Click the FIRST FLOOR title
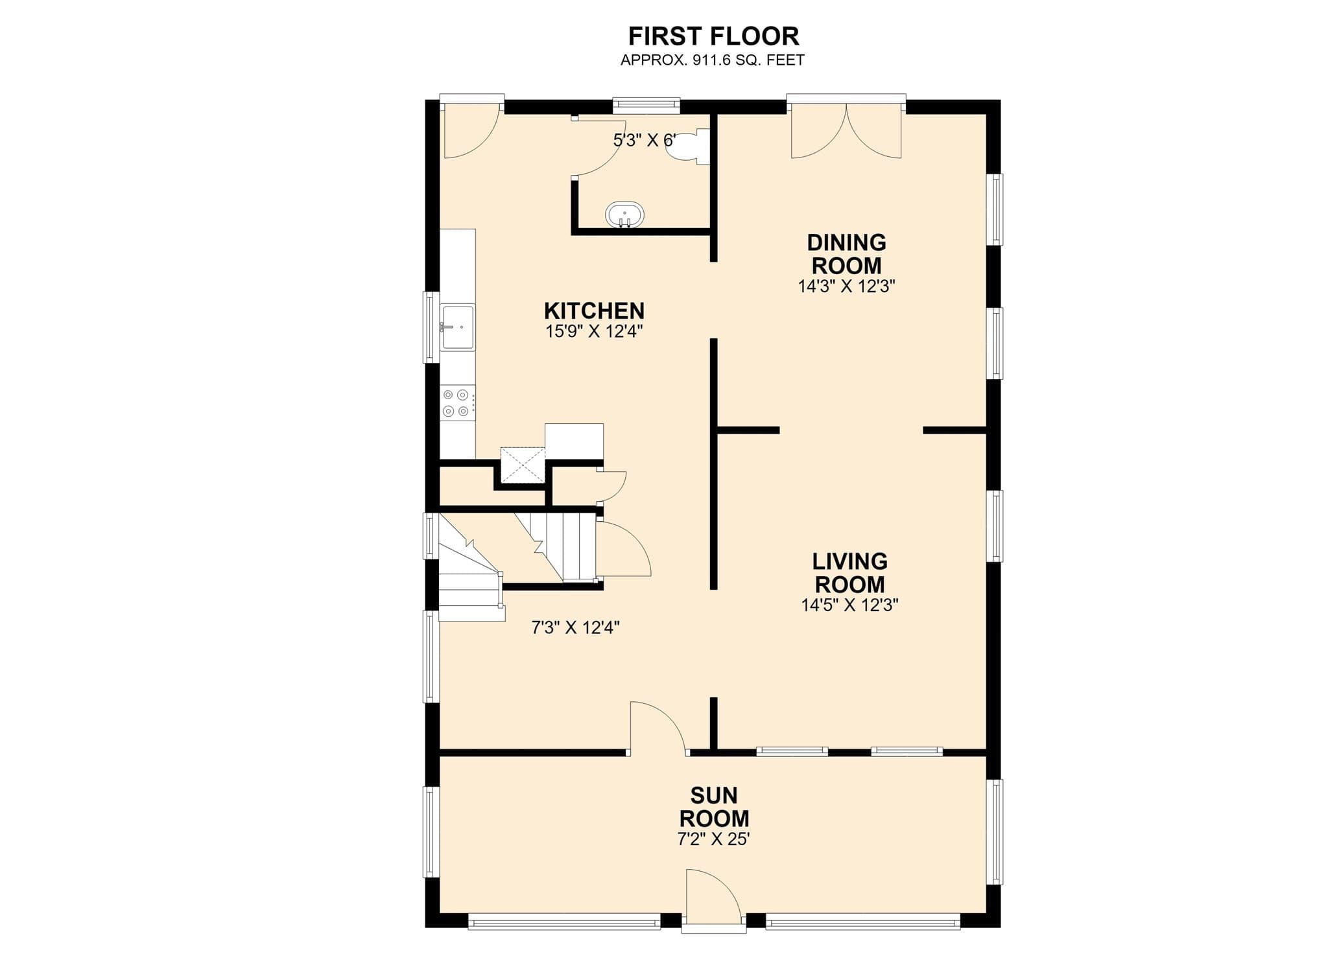713,36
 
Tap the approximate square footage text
713,60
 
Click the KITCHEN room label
594,310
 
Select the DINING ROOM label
846,253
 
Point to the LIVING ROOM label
849,572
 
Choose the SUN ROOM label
714,806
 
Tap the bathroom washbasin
624,215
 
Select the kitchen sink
458,327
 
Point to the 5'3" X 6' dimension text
645,140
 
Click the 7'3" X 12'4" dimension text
576,627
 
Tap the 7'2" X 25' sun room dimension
713,839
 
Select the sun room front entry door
713,901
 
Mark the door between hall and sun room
658,728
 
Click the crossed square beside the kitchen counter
523,465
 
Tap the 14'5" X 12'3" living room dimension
849,605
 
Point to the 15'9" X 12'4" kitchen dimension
594,332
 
